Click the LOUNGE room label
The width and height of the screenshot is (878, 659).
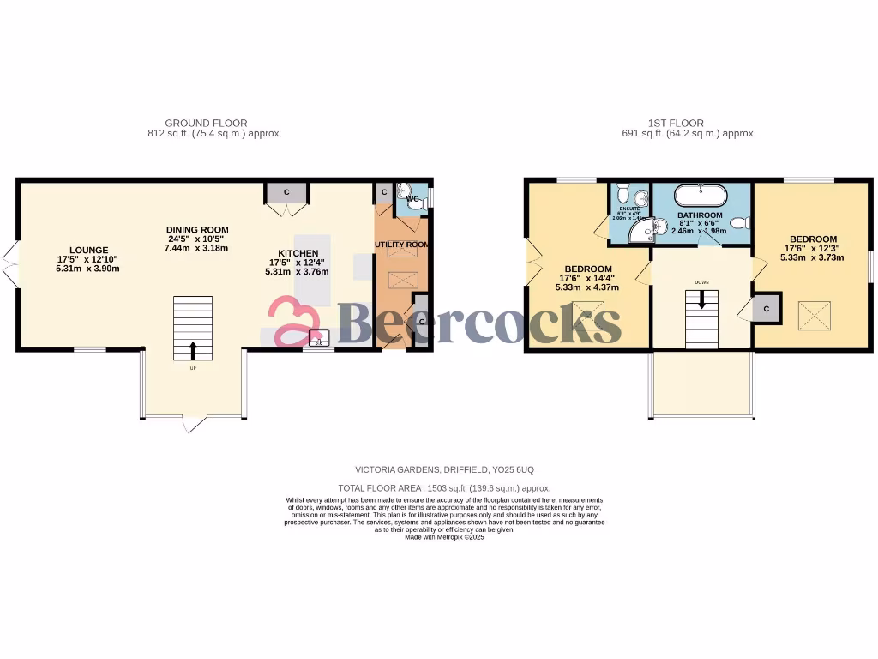click(89, 250)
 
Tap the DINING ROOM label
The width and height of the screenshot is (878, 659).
click(197, 230)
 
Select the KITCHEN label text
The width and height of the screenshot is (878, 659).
click(296, 253)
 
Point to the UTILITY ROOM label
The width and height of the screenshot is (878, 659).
click(401, 245)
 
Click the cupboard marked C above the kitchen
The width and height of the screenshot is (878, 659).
click(286, 191)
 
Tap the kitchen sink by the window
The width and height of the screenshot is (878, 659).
click(318, 337)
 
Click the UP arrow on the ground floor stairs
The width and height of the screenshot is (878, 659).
click(192, 349)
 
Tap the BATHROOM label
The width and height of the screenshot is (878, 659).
click(700, 215)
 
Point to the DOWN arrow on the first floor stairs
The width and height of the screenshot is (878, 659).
click(702, 300)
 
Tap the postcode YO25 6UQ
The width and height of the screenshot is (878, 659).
click(513, 470)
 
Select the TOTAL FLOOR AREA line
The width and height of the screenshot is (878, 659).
click(445, 488)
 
